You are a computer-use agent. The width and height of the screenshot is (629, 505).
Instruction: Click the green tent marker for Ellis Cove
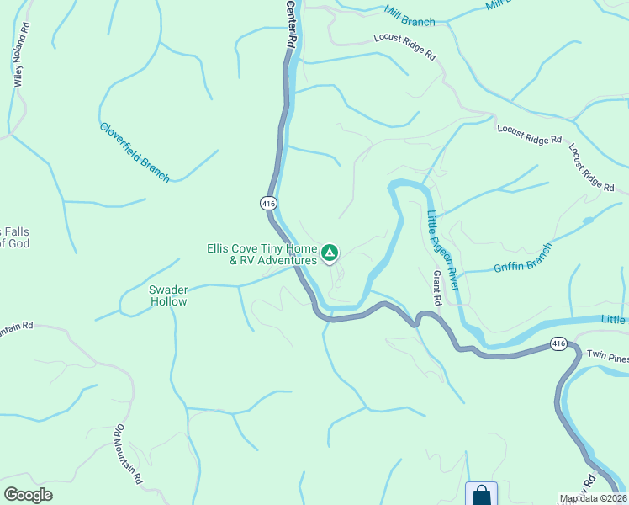[330, 252]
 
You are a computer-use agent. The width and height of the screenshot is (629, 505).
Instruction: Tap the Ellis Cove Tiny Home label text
[262, 249]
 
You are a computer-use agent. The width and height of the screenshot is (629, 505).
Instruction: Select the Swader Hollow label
[167, 295]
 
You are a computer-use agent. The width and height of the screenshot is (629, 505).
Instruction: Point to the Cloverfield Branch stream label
[135, 152]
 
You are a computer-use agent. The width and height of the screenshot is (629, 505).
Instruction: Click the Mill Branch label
[410, 16]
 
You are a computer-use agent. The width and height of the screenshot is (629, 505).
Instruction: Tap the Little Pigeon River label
[441, 250]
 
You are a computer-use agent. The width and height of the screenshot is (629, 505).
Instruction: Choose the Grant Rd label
[437, 288]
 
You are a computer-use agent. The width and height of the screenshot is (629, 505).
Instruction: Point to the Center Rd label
[291, 23]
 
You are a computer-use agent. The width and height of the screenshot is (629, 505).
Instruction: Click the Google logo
[28, 495]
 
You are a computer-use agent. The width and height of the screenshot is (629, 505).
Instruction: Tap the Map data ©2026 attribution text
[594, 498]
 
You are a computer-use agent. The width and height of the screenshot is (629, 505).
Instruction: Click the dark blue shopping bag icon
[481, 495]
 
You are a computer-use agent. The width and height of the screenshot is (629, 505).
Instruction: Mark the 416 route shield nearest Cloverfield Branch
[268, 204]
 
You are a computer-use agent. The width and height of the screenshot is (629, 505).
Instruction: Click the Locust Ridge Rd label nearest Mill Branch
[405, 46]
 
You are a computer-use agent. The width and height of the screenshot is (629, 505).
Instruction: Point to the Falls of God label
[15, 237]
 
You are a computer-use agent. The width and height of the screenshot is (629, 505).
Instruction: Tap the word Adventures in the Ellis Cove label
[287, 261]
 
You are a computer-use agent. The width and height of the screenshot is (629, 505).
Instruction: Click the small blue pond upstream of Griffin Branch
[587, 221]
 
